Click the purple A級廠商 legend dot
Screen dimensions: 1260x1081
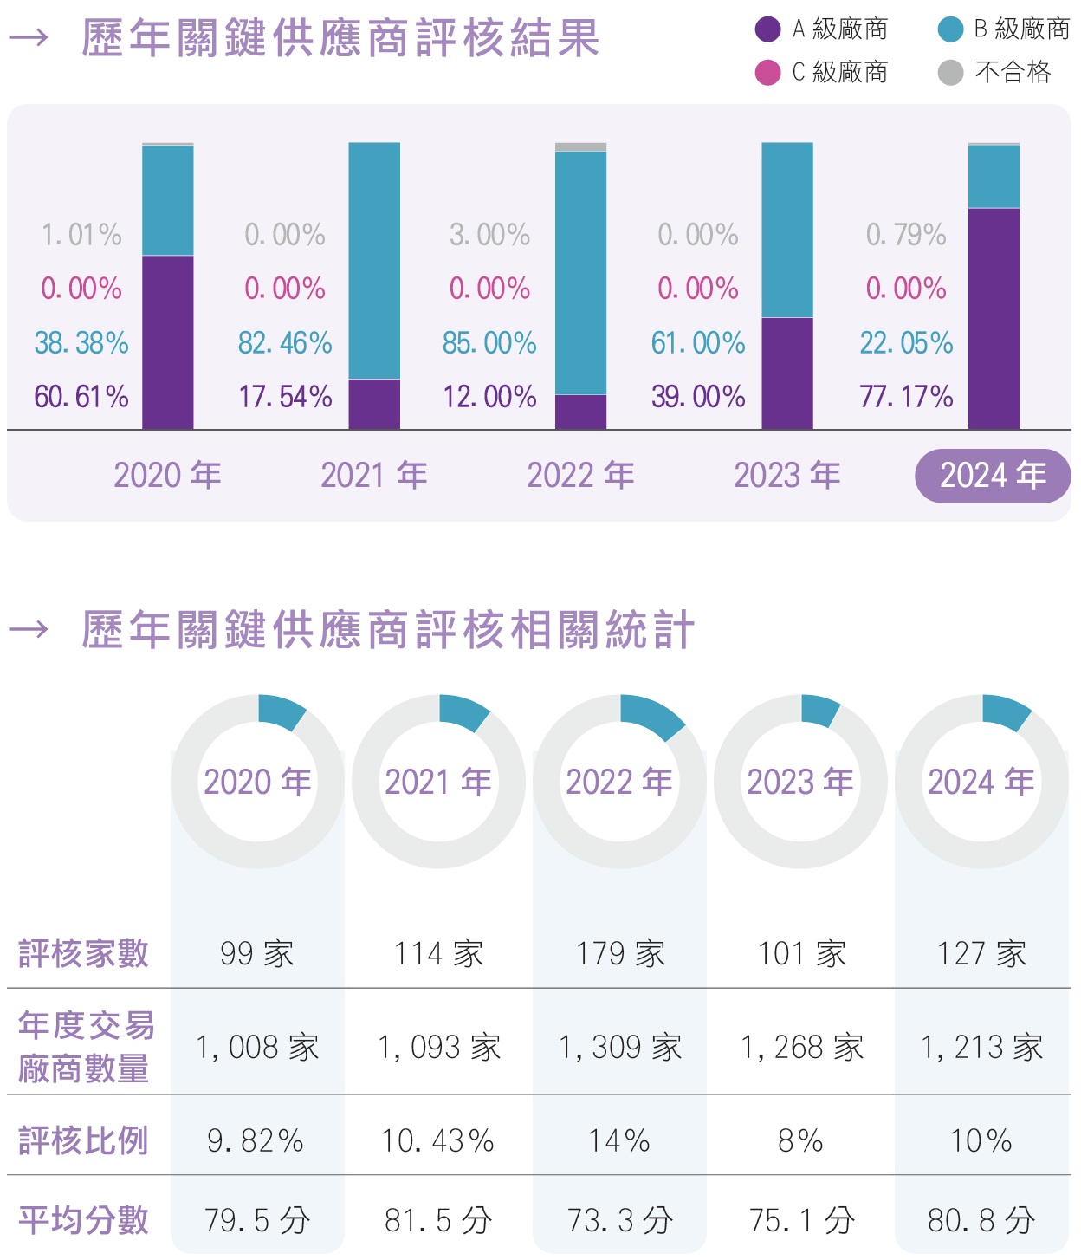767,29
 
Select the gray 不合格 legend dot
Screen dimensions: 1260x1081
950,73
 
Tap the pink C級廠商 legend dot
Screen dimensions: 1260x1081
767,73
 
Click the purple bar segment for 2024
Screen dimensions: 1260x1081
994,318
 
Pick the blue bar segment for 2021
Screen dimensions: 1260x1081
374,260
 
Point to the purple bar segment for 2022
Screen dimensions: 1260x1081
580,412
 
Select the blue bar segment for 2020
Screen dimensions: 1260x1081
168,200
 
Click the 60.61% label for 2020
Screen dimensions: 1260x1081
81,397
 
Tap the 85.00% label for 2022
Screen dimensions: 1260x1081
489,343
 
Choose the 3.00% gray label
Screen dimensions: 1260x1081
489,235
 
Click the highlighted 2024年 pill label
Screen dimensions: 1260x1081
993,476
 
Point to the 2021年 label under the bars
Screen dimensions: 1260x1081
374,476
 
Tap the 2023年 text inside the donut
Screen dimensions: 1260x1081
800,782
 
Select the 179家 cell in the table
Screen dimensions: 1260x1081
620,954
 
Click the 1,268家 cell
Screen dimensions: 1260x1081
802,1048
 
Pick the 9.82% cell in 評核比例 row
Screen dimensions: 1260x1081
256,1141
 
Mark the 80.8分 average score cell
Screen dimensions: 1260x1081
981,1221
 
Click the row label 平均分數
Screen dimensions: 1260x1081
84,1221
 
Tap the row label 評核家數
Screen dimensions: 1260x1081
84,954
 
